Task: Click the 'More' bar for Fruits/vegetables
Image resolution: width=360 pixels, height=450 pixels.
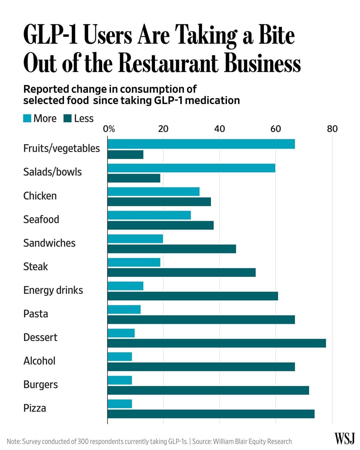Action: point(201,144)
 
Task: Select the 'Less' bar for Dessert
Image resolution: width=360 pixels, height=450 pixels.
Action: point(217,343)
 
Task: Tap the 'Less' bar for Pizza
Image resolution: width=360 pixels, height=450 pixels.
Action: point(211,414)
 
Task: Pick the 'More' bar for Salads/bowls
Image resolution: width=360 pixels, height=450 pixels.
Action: point(191,168)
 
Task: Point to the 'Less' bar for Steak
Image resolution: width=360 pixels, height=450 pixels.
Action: point(181,272)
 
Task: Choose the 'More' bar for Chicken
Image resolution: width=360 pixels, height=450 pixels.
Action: point(153,192)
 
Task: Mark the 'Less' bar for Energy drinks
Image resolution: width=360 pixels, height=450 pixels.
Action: point(193,296)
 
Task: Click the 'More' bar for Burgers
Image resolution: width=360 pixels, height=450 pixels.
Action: point(120,380)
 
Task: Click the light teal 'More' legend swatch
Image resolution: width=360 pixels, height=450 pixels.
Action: point(27,118)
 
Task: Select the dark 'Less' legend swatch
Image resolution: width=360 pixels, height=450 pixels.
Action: point(68,118)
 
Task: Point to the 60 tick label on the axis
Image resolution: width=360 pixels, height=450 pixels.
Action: point(275,129)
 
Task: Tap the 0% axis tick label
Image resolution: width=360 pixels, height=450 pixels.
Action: point(109,129)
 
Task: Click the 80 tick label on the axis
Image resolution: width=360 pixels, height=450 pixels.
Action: point(332,129)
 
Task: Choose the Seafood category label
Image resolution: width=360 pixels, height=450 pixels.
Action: point(41,220)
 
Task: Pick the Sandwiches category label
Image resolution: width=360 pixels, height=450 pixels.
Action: point(49,243)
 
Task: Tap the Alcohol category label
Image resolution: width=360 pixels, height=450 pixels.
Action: point(40,361)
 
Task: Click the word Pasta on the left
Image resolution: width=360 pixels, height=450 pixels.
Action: point(36,314)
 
